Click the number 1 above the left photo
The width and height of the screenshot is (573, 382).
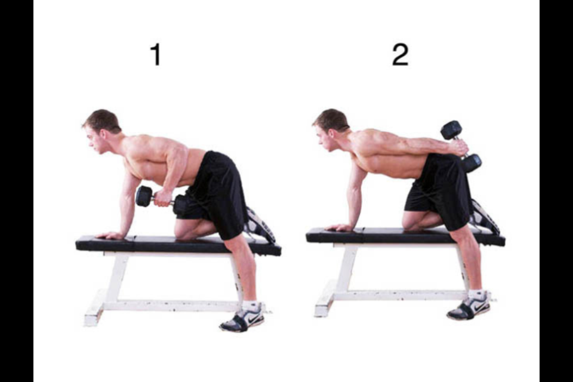[155, 54]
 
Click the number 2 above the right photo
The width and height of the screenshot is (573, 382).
[400, 54]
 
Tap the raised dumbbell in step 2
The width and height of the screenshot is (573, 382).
[461, 146]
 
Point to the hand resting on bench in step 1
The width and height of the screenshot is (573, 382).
[112, 235]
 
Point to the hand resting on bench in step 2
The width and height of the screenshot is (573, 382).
[340, 227]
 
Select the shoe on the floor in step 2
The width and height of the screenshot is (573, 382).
[469, 309]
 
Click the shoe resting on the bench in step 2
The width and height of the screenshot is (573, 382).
[484, 217]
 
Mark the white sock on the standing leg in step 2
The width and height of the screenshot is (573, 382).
[477, 295]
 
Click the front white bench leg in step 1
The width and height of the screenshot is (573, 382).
[113, 281]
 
